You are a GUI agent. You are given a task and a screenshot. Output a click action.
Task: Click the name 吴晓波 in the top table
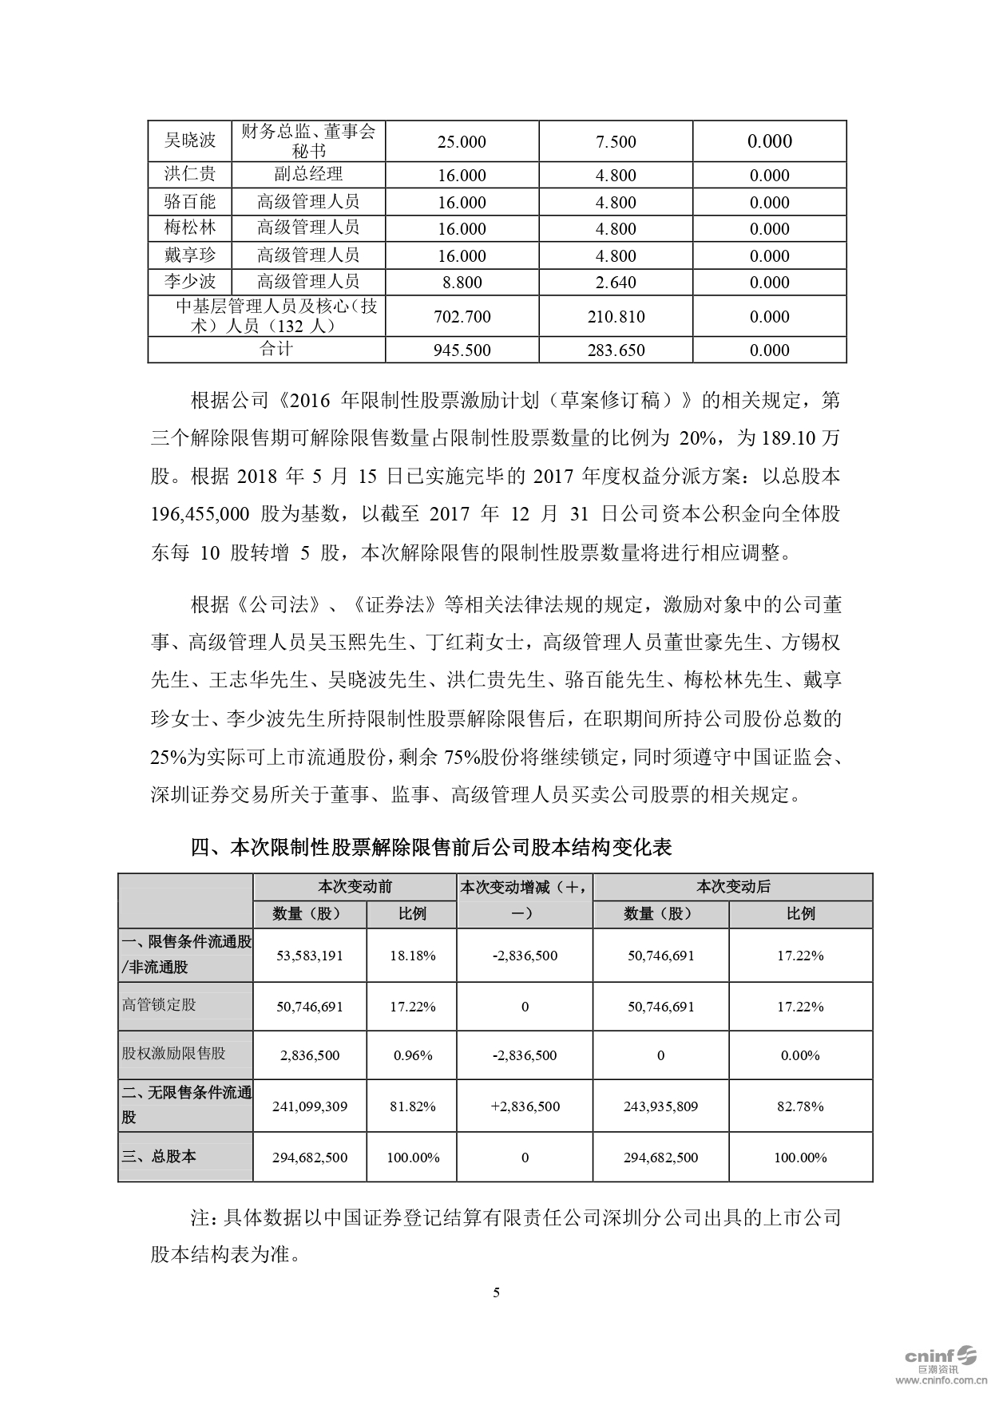190,140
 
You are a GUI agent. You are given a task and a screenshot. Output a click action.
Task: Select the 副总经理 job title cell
307,175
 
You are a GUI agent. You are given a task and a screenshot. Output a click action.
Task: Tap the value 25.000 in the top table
462,142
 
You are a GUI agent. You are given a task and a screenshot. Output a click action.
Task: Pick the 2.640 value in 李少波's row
616,283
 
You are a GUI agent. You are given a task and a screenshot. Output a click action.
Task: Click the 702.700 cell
462,317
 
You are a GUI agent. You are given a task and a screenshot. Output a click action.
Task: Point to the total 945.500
462,350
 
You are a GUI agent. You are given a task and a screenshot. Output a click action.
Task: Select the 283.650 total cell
616,350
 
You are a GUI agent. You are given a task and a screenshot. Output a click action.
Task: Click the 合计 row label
276,350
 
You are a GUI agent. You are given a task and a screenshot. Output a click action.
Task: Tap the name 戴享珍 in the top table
190,255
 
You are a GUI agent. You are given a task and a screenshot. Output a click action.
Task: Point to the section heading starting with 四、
431,847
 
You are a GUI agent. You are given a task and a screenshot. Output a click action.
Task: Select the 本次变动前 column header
355,887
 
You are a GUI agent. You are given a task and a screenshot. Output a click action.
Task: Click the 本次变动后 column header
732,887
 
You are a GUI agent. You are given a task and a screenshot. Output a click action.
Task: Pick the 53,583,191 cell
309,956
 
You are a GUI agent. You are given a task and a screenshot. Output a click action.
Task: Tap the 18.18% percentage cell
412,956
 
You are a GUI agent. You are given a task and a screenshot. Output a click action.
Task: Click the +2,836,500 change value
525,1106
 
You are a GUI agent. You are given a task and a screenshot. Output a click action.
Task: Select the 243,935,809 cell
660,1106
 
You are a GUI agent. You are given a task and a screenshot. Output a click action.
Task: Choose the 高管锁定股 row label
159,1005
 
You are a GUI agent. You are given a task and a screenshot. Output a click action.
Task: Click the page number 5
496,1292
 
